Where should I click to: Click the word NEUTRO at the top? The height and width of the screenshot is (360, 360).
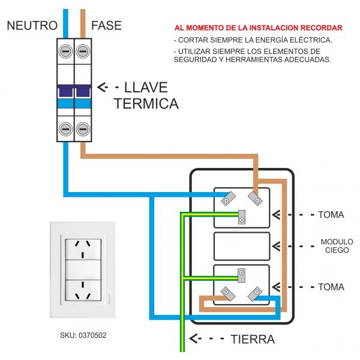32,25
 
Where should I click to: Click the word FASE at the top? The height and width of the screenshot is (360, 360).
106,25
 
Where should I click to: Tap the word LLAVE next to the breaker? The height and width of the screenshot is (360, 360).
146,88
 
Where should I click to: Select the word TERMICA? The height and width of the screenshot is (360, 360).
146,103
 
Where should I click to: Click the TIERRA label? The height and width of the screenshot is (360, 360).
253,339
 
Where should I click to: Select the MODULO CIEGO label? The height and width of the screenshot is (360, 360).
337,245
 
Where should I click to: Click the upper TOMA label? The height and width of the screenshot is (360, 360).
331,214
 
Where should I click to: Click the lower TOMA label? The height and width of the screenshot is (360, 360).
331,287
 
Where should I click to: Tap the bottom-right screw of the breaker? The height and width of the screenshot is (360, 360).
83,128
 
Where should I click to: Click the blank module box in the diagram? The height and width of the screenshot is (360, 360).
242,246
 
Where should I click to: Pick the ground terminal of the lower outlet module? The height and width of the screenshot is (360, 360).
241,275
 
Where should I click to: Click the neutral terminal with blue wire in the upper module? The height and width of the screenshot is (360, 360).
227,198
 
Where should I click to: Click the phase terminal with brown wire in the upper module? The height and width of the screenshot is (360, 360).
257,198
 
